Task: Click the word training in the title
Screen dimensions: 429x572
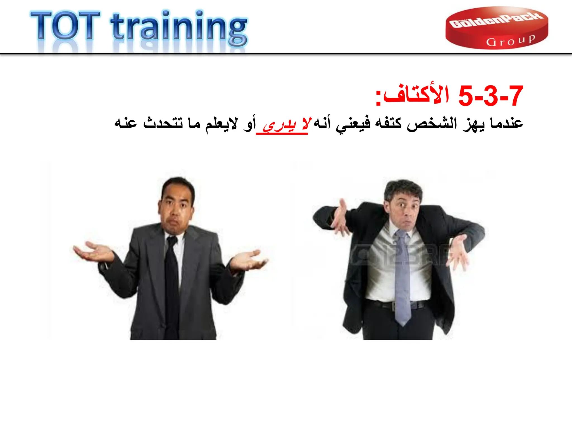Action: pyautogui.click(x=179, y=28)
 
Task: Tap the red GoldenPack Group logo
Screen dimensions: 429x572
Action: pyautogui.click(x=497, y=28)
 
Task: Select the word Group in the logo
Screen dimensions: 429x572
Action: pyautogui.click(x=511, y=41)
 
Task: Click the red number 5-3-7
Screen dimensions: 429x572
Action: pyautogui.click(x=490, y=96)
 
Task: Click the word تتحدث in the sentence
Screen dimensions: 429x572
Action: pyautogui.click(x=163, y=123)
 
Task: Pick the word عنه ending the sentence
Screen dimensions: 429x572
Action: pyautogui.click(x=126, y=123)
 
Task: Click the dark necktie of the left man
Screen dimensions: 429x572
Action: pyautogui.click(x=171, y=285)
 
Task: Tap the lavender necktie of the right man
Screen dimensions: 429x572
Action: pyautogui.click(x=402, y=279)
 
